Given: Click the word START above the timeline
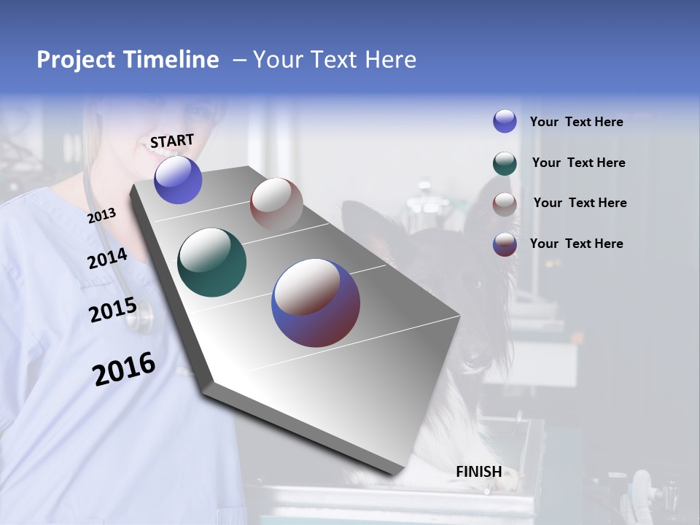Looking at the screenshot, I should point(172,141).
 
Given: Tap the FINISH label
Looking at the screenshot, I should point(478,472).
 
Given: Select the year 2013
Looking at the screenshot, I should point(101,216).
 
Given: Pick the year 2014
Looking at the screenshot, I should point(107,259).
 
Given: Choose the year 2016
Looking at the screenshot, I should point(124,369).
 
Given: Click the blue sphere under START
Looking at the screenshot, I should point(178,180).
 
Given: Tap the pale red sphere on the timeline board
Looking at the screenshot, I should point(276,204).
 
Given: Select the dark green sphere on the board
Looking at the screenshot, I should point(211,262).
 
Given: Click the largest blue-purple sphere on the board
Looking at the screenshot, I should point(315,303).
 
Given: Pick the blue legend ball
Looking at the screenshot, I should point(505,121).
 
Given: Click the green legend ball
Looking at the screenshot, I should point(505,163).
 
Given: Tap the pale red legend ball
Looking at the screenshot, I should point(505,204).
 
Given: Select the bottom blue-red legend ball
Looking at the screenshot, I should point(505,244).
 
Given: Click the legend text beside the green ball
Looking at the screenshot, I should point(578,163).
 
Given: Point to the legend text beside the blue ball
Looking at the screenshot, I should point(576,122).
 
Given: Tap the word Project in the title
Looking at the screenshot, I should point(73,60).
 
